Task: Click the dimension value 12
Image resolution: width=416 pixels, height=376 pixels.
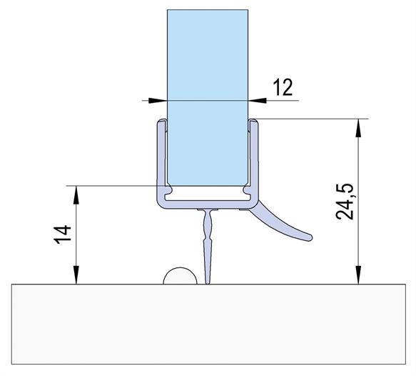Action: (283, 87)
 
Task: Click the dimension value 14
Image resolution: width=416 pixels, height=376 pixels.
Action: (63, 234)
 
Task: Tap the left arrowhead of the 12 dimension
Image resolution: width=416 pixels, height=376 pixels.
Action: (158, 101)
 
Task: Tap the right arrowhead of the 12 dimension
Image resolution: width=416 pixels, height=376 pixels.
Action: (258, 101)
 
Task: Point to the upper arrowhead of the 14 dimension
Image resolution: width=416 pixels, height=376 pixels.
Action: (76, 195)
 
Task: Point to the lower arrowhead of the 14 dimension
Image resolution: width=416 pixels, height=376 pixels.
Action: (76, 275)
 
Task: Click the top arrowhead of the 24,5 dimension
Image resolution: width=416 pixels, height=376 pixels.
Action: (358, 128)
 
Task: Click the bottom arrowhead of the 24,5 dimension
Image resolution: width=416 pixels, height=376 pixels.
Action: (358, 275)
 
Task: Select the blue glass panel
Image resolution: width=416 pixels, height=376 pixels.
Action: (208, 98)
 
